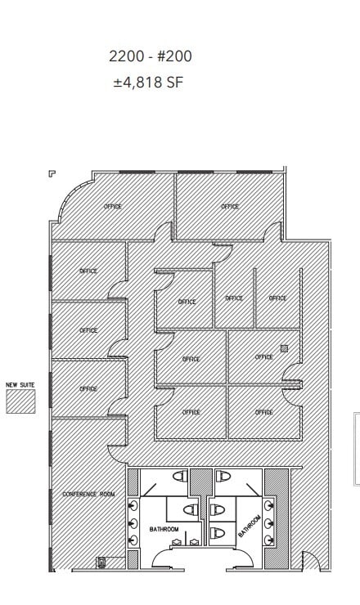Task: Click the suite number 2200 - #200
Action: coord(151,56)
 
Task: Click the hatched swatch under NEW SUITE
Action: coord(21,401)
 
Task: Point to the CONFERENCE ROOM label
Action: coord(88,494)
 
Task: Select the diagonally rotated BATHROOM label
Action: coord(250,526)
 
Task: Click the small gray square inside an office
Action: coord(284,348)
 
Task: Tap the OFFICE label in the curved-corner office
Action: coord(113,206)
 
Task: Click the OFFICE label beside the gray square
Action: coord(263,357)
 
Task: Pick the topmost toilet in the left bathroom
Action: coord(181,476)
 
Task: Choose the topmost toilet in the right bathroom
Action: coord(223,476)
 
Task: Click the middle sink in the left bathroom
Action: coord(133,524)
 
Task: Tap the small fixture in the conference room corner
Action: coord(101,562)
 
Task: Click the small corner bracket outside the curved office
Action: coord(52,173)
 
